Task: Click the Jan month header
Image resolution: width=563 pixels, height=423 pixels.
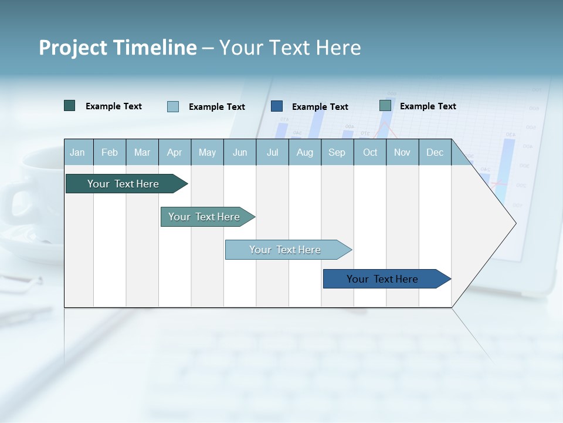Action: tap(78, 152)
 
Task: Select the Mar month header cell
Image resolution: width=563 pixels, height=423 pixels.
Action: tap(142, 152)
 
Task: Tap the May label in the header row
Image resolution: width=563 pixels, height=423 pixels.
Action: tap(207, 152)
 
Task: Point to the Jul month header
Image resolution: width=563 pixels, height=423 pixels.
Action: tap(272, 152)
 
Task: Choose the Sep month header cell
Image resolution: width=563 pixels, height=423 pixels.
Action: tap(337, 152)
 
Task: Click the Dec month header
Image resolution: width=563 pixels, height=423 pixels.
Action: tap(435, 152)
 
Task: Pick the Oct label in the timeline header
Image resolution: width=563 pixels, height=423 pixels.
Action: tap(370, 152)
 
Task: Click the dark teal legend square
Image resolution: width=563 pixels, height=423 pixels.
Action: tap(70, 106)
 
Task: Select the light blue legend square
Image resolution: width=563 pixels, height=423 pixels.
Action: tap(173, 106)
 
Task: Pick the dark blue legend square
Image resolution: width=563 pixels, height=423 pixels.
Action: tap(277, 106)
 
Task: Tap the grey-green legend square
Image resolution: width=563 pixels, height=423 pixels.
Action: tap(385, 106)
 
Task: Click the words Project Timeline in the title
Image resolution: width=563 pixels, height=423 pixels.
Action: tap(117, 48)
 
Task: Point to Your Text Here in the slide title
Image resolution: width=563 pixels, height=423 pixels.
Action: tap(290, 48)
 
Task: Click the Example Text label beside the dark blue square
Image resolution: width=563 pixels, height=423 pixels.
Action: tap(320, 107)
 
